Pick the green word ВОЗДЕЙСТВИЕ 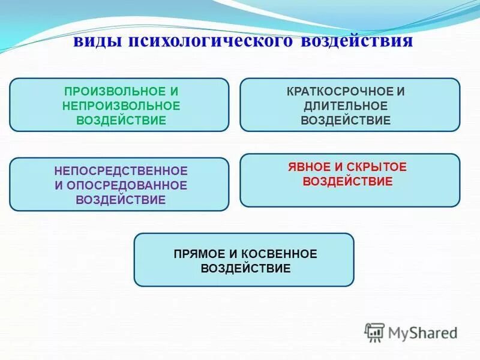[121, 119]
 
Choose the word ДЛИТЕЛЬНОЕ [346, 106]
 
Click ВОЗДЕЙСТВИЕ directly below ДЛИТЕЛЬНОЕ [346, 120]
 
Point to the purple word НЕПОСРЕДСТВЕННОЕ [121, 171]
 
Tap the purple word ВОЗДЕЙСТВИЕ [121, 200]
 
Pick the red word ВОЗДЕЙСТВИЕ [348, 181]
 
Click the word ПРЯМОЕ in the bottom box [197, 254]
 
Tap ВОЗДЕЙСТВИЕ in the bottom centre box [245, 268]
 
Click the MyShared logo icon [375, 332]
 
